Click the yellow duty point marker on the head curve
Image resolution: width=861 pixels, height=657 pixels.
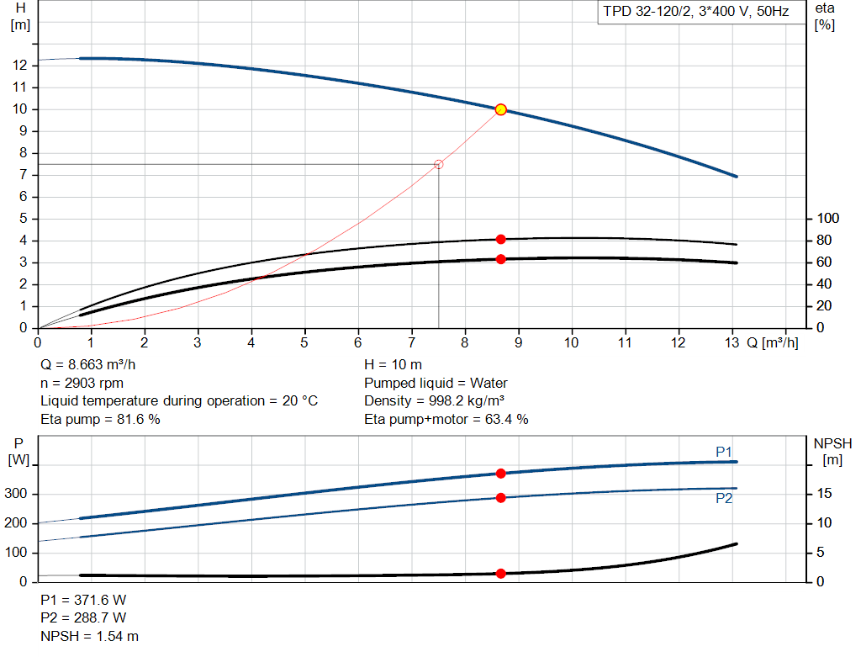coord(501,109)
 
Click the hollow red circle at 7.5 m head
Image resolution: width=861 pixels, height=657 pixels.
coord(438,164)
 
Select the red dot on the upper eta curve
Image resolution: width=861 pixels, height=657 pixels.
coord(501,239)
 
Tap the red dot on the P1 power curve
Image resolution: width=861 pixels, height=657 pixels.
coord(501,474)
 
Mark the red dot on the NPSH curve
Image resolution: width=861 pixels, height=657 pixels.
coord(501,574)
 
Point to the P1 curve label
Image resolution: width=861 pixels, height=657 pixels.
coord(724,452)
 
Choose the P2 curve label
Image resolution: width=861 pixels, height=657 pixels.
coord(724,498)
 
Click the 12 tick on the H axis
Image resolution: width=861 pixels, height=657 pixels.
coord(20,66)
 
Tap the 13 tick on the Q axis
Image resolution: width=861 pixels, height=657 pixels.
coord(732,343)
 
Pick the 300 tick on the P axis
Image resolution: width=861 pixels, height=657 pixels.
coord(17,494)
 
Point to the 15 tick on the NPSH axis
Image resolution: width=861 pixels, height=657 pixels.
coord(826,494)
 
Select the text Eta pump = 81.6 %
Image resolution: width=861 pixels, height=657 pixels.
coord(100,418)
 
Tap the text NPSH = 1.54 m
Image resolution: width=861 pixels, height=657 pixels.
coord(90,637)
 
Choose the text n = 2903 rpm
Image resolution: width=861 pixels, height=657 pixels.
coord(83,383)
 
